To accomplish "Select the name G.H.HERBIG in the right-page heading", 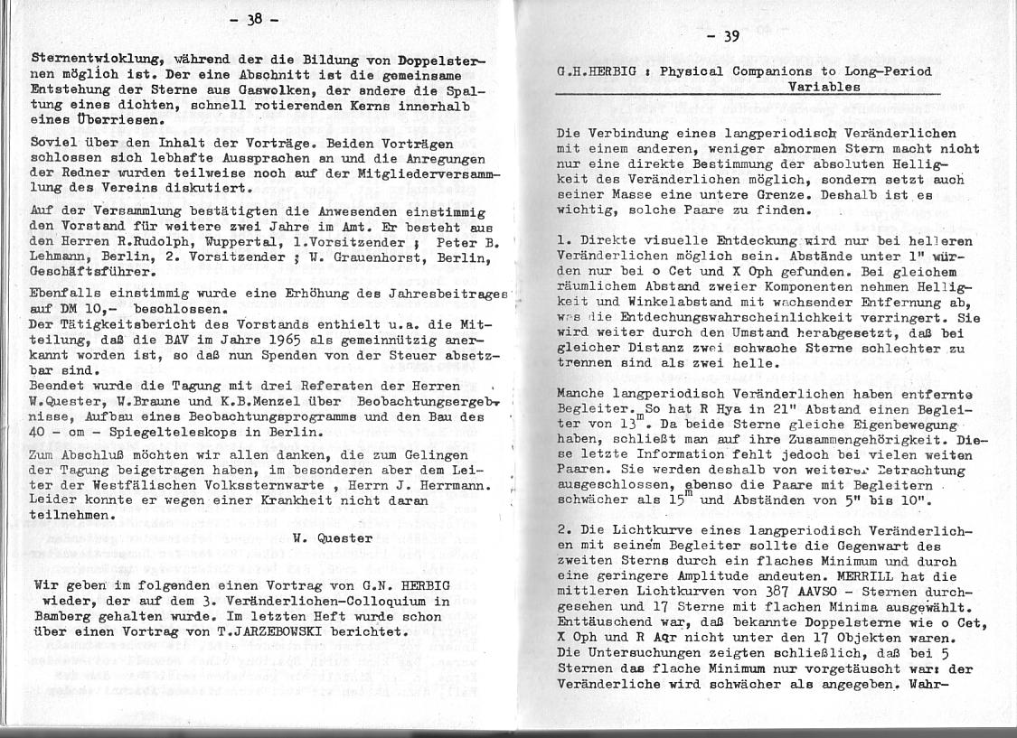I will click(598, 71).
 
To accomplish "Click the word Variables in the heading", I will click(824, 88).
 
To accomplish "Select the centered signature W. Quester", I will click(308, 538).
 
